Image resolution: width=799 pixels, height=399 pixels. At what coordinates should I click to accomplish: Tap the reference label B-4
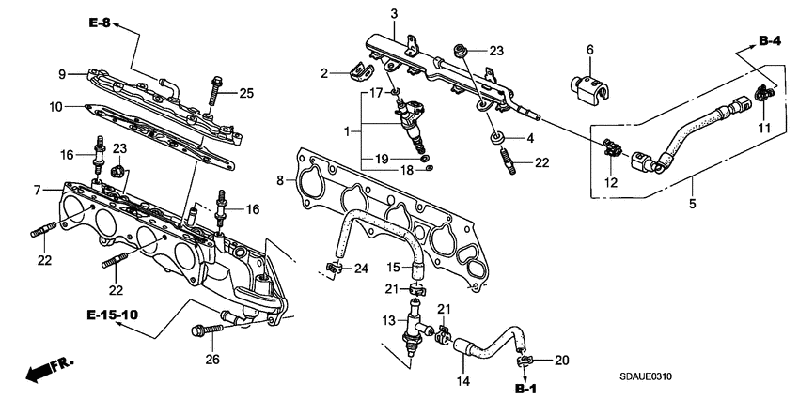(770, 40)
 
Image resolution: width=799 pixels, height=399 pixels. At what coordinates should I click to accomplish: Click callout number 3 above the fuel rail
(395, 13)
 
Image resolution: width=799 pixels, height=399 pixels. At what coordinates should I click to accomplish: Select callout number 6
(590, 49)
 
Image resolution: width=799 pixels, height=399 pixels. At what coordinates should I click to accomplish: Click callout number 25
(246, 92)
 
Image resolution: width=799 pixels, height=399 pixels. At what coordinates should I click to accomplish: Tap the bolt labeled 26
(205, 330)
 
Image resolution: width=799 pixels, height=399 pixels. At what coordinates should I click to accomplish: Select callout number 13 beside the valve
(387, 320)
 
